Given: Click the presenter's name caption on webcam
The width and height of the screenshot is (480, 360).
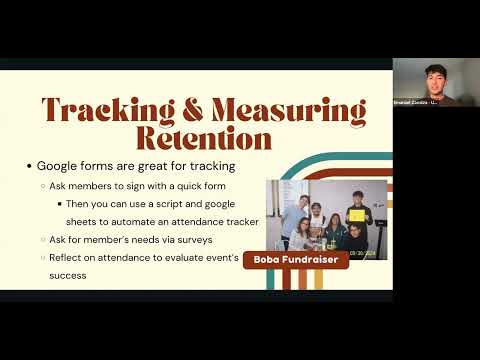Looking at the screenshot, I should [414, 103].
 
